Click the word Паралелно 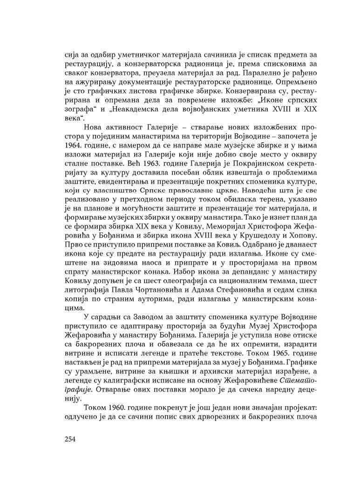(x=242, y=73)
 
